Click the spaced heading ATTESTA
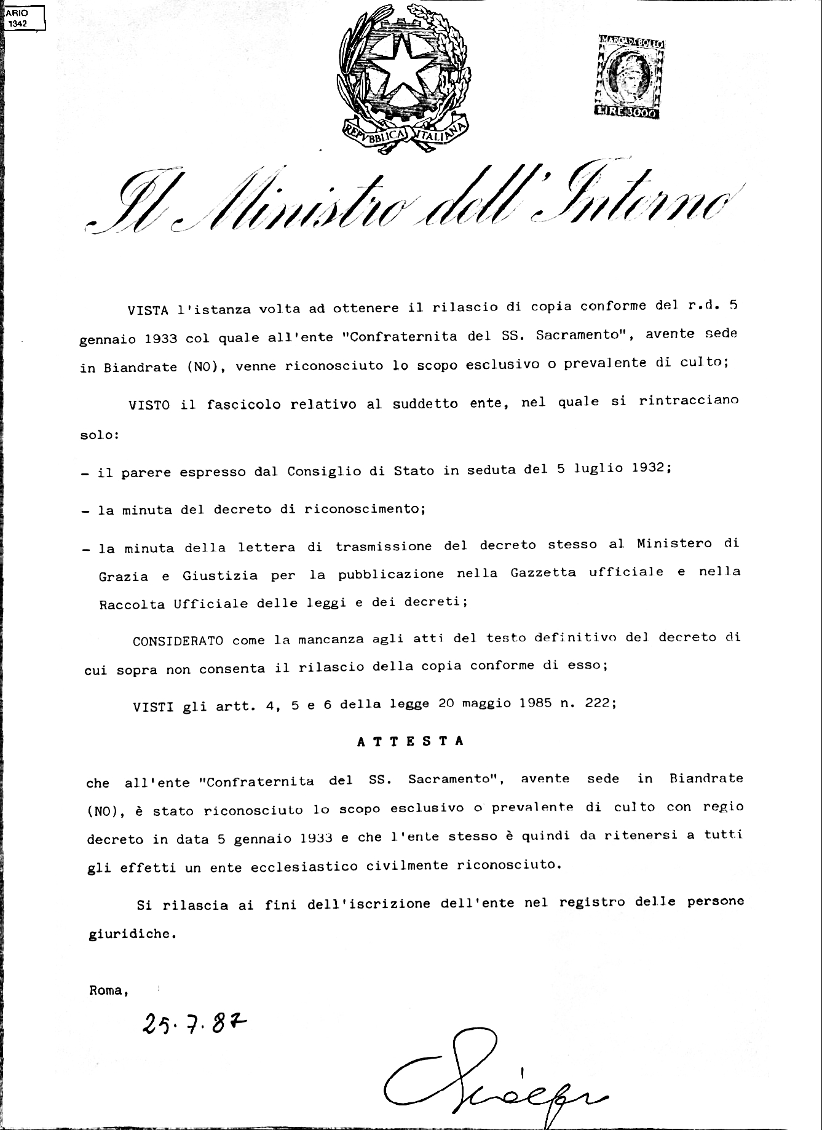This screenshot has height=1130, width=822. coord(410,741)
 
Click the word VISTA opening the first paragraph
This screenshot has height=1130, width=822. coord(148,310)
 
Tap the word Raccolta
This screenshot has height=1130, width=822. coord(132,604)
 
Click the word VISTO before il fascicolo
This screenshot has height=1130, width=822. coord(149,405)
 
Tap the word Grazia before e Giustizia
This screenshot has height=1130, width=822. coord(124,577)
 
